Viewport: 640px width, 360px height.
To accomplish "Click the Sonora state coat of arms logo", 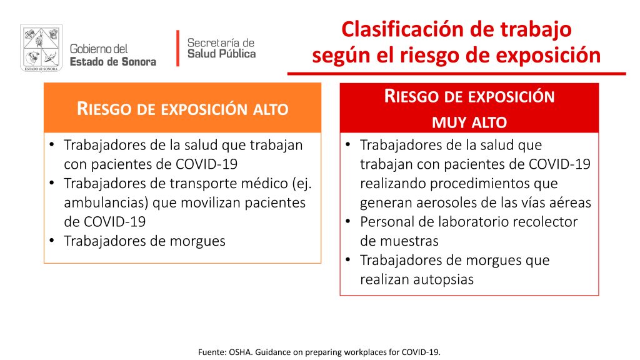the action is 41,48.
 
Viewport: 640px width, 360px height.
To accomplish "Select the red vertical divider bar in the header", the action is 178,48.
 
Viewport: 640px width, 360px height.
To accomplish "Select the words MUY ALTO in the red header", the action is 469,122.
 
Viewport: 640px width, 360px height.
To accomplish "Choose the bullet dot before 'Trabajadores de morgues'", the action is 52,241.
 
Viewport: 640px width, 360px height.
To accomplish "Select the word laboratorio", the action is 472,222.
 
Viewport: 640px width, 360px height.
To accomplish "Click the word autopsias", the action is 443,279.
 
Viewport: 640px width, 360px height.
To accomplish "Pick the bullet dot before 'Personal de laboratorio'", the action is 348,221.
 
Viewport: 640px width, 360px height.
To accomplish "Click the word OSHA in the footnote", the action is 240,352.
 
